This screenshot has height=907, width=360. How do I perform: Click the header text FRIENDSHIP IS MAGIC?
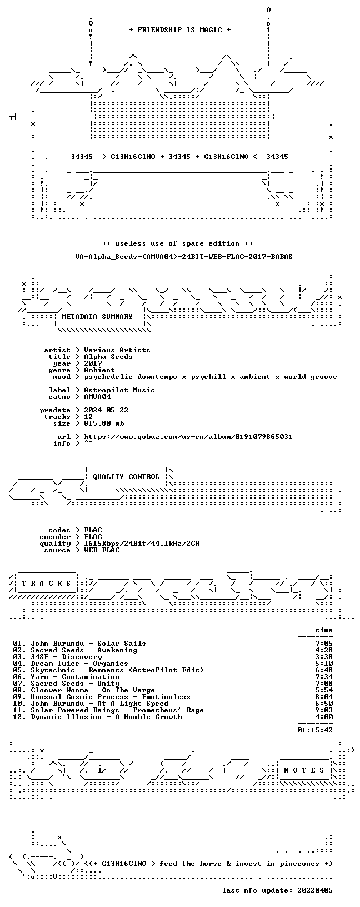coord(180,30)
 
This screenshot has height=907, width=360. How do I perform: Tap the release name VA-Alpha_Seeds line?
coord(184,257)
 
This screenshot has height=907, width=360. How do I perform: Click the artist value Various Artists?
coord(117,350)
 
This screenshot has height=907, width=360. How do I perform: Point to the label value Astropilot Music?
coord(119,390)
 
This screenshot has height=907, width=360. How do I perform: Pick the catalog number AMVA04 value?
coord(98,397)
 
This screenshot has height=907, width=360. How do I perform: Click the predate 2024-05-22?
coord(106,410)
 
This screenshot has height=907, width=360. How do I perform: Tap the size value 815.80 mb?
coord(104,423)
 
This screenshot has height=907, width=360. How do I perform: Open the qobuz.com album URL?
coord(188,437)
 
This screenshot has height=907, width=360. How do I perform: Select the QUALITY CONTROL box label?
coord(126,477)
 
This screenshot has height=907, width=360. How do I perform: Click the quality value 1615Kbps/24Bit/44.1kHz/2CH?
coord(142,544)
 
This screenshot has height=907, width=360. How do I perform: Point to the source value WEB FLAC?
coord(102,550)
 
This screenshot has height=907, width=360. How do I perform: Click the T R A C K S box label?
coord(47,584)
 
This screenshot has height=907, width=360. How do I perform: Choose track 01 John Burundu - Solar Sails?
coord(79,644)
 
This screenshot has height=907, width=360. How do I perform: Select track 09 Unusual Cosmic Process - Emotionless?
coord(102,697)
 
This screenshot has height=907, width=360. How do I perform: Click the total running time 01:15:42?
coord(315,730)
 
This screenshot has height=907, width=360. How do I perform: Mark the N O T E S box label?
coord(304,770)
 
